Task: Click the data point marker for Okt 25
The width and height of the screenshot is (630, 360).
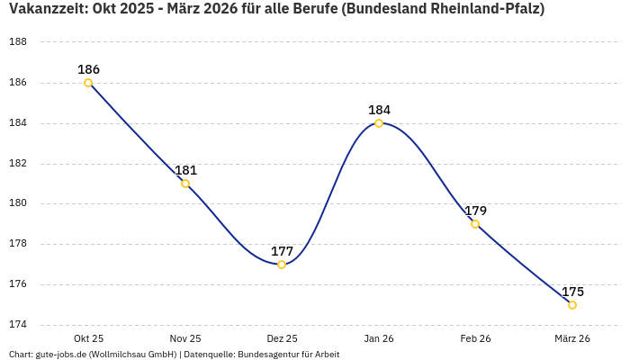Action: click(88, 83)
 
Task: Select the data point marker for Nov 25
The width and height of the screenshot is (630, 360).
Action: click(185, 184)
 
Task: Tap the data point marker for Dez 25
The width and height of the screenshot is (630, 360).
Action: click(282, 265)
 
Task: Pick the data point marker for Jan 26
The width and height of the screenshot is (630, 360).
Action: click(379, 123)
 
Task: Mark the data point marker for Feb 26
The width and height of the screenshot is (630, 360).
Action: click(475, 224)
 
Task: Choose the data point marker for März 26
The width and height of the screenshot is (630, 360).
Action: click(572, 305)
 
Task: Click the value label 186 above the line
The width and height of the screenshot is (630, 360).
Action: click(88, 69)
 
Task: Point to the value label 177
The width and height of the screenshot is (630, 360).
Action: click(282, 251)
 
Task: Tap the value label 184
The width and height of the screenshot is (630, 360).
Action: click(379, 110)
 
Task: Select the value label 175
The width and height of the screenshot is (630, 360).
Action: click(572, 292)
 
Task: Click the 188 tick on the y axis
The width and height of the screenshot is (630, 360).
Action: click(17, 42)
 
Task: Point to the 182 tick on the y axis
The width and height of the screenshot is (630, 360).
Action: click(17, 164)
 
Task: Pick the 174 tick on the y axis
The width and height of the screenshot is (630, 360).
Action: click(17, 325)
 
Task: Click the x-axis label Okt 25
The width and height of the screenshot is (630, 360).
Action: click(88, 339)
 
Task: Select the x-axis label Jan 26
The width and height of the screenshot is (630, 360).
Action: click(379, 339)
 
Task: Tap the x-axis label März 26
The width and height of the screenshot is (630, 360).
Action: click(572, 339)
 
